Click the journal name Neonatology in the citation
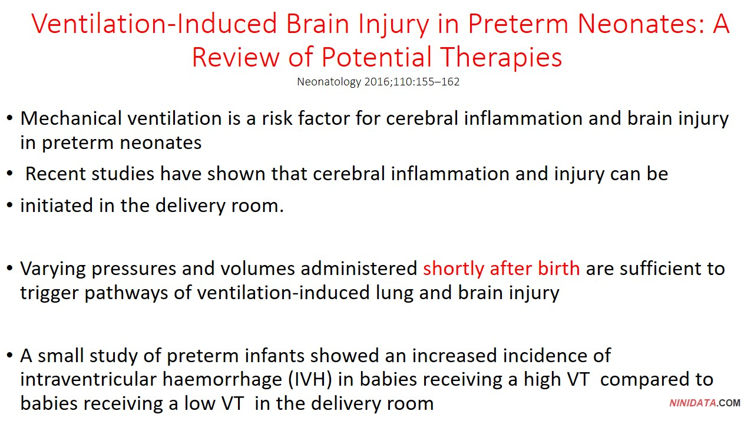coord(329,82)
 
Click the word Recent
coord(55,174)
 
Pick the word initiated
coord(57,206)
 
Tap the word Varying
coord(53,269)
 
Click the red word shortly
coord(454,269)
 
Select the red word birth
coord(558,268)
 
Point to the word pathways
coord(126,293)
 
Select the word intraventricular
coord(88,380)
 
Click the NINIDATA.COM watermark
coord(705,403)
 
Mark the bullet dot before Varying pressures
coord(10,269)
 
